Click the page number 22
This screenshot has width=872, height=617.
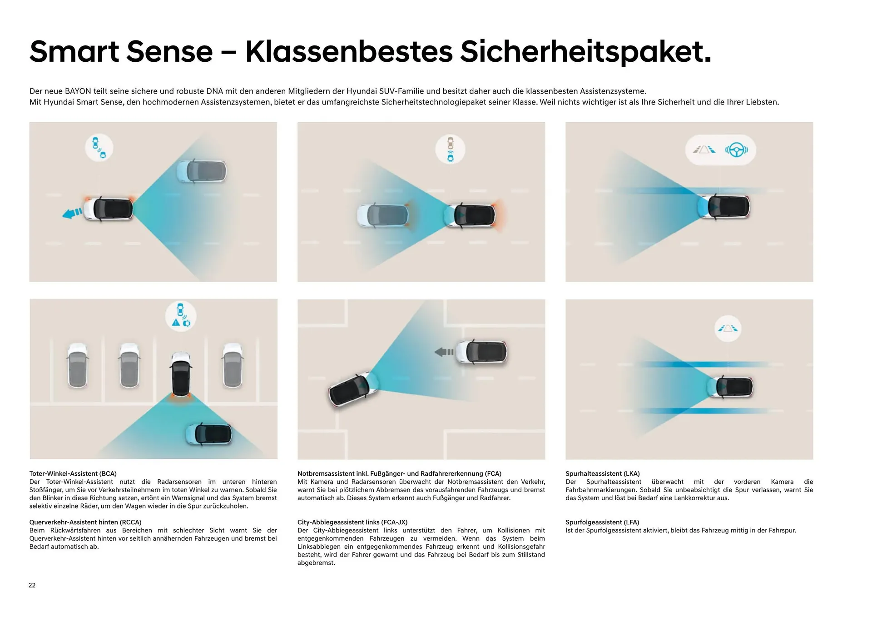(x=32, y=585)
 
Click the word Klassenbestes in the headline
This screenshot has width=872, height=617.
(x=349, y=51)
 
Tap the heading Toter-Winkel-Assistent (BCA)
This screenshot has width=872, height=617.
(x=73, y=473)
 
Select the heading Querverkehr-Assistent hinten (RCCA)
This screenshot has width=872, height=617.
(x=85, y=522)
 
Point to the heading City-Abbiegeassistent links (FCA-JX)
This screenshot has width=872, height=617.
(x=352, y=522)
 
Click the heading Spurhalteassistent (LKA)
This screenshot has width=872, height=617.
(x=603, y=473)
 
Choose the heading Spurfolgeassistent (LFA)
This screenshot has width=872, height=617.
(x=602, y=522)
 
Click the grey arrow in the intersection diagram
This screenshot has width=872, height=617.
(x=444, y=352)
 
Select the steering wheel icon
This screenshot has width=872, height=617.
(x=736, y=149)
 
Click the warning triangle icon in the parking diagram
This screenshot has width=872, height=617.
(x=176, y=323)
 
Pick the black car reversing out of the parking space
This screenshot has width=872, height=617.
(x=181, y=374)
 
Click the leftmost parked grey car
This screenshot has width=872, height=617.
(x=78, y=365)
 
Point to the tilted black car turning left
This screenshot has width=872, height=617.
(x=352, y=389)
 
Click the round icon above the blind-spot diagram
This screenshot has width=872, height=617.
(x=99, y=148)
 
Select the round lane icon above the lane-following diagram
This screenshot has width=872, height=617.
(x=728, y=328)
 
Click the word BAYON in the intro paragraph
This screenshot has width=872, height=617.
(x=78, y=91)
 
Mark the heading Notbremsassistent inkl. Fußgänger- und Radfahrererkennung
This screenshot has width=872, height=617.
(x=399, y=473)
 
